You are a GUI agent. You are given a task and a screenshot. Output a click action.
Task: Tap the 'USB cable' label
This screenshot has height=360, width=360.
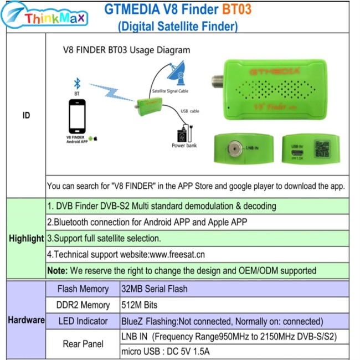[x=189, y=111]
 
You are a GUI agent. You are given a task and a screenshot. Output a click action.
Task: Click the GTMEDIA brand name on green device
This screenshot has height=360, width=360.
[x=267, y=71]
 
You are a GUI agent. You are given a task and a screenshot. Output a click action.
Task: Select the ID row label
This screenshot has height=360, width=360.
[x=26, y=116]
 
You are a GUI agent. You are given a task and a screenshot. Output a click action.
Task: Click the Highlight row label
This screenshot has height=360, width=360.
[x=26, y=238]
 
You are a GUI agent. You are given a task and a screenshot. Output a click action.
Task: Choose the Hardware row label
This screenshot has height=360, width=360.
[x=26, y=320]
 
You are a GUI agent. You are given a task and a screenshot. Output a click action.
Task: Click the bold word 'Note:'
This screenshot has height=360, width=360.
[x=58, y=271]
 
